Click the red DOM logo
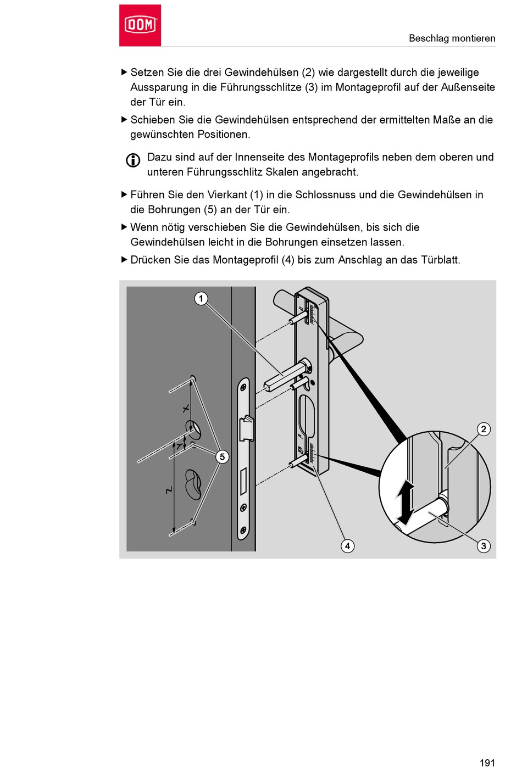pos(140,25)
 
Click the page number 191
pos(487,763)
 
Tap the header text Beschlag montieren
pos(452,38)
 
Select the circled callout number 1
pos(201,298)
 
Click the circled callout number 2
pos(484,429)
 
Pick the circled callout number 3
pos(484,546)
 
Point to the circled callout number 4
pos(347,546)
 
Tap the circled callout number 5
pos(222,456)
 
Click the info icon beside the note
pos(133,160)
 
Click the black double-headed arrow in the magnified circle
pos(406,503)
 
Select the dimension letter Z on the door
pos(169,490)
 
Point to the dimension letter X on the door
pos(186,408)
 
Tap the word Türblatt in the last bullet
pos(440,260)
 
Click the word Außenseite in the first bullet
pos(468,87)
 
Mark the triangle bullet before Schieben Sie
pos(124,120)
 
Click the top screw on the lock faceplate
pos(243,387)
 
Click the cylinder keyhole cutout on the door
pos(193,483)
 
